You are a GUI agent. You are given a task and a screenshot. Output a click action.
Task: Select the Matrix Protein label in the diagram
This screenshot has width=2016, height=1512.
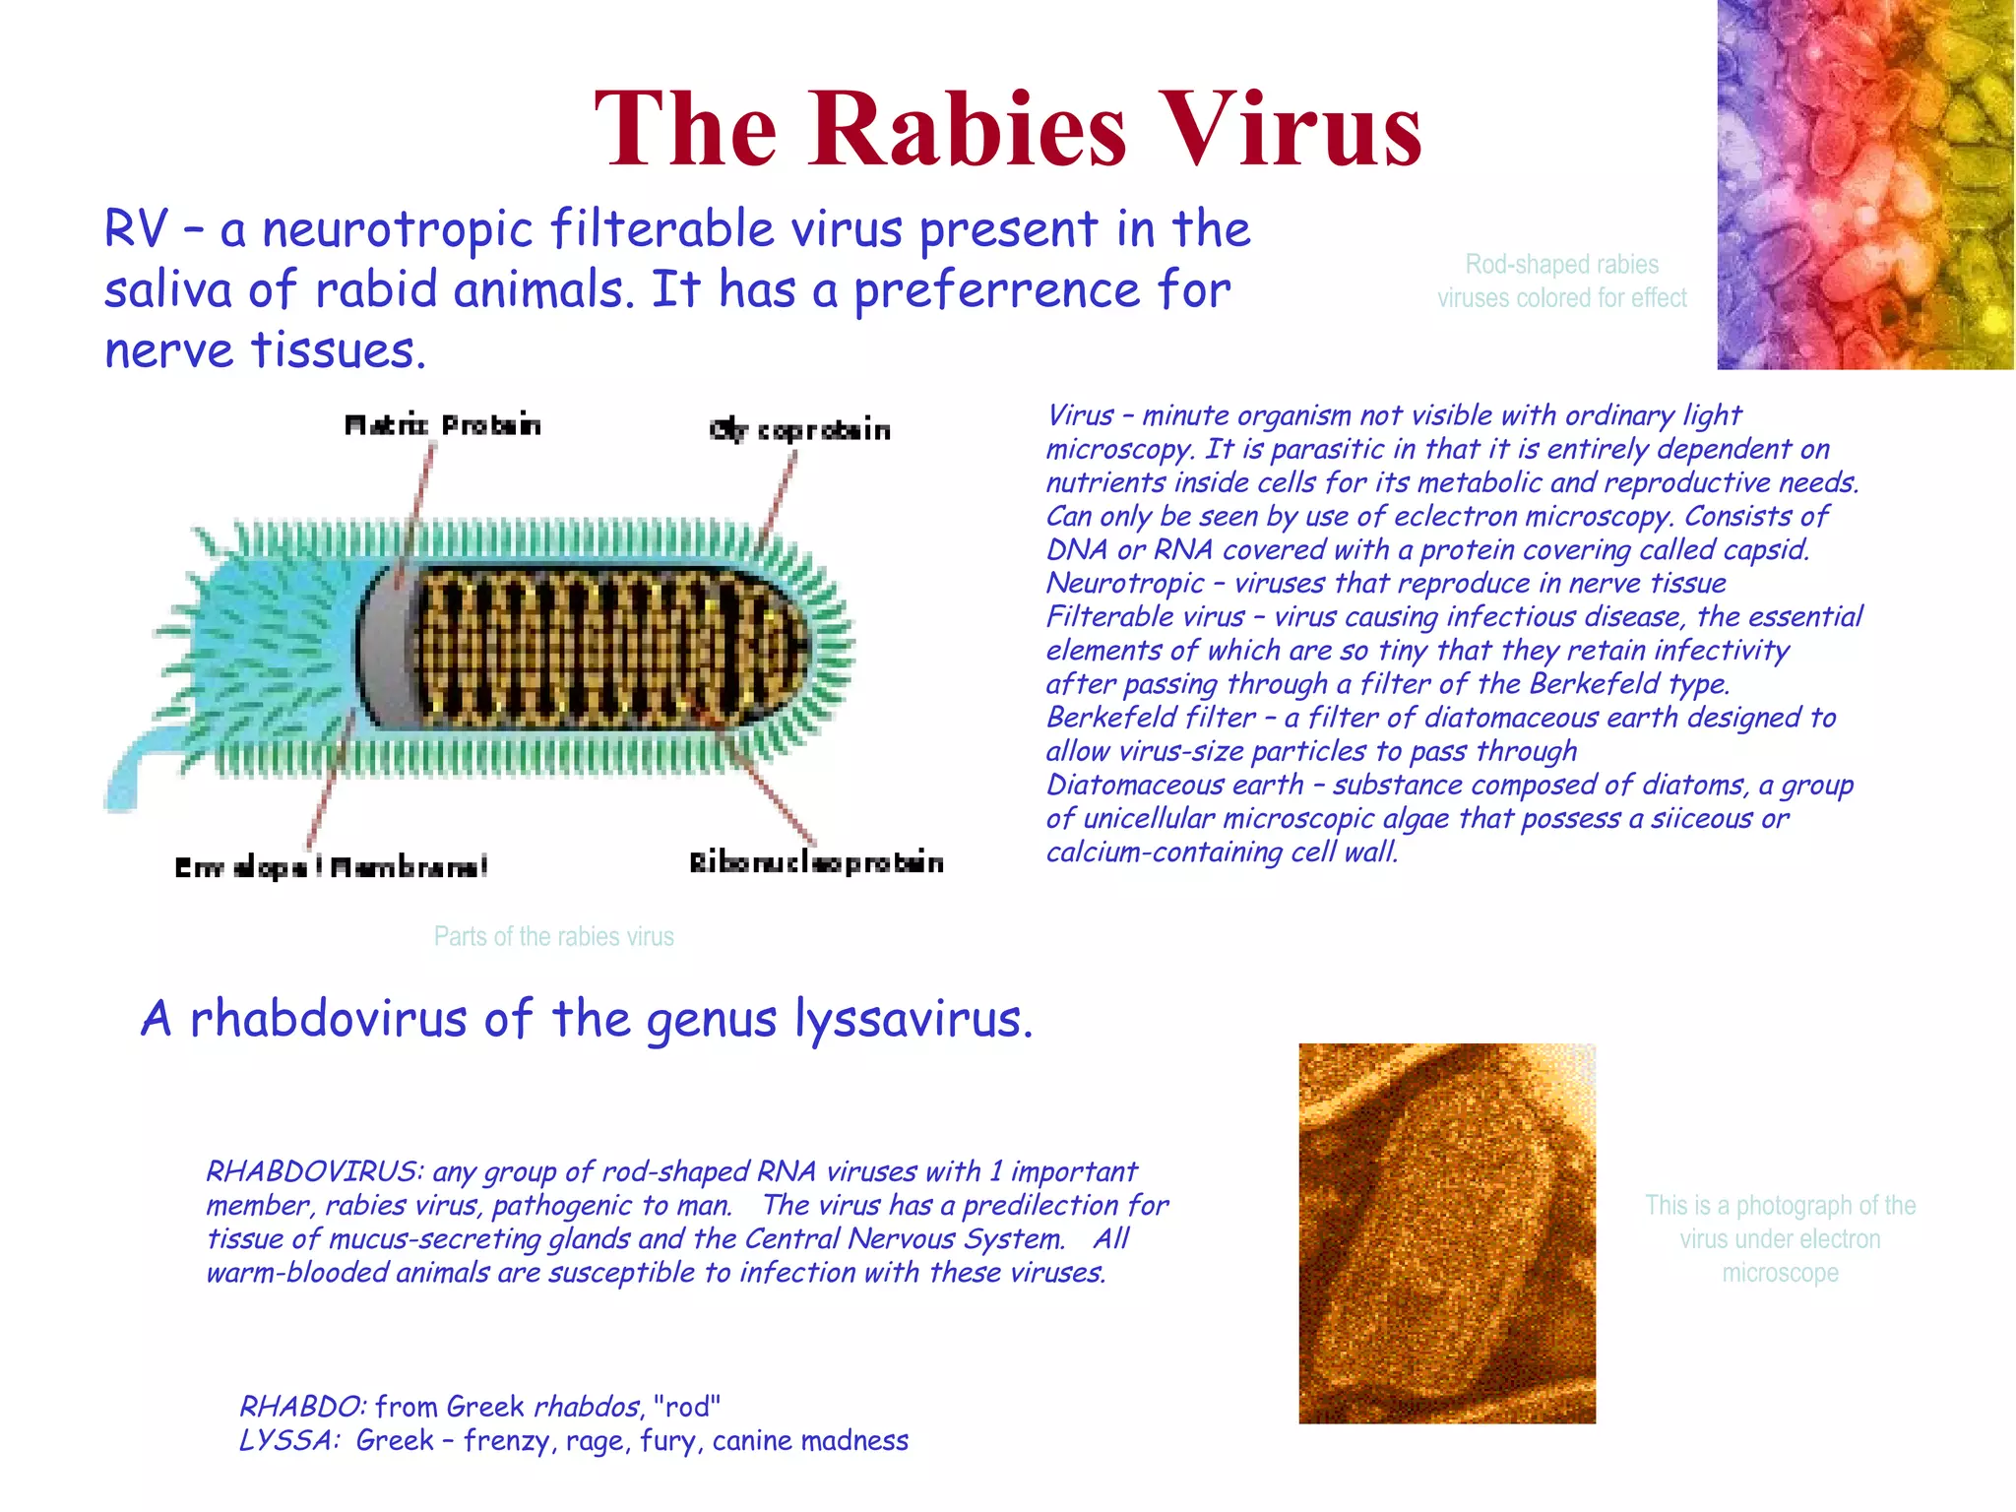(x=442, y=425)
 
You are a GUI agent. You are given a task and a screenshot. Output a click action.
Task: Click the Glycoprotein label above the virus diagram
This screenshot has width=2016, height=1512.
(x=799, y=430)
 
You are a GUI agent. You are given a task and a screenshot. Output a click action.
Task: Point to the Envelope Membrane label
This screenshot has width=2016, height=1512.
(x=331, y=867)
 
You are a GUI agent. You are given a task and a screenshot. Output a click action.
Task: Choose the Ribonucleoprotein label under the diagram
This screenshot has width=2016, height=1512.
(x=816, y=863)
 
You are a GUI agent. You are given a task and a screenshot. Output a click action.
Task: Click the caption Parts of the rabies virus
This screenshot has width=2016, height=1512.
(x=553, y=936)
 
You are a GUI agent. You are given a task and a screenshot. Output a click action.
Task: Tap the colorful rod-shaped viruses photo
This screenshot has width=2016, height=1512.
(x=1864, y=185)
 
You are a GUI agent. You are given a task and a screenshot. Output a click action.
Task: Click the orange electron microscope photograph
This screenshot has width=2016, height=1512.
(x=1446, y=1232)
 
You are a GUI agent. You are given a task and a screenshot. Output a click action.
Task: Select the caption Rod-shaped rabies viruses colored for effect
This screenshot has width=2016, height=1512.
(x=1561, y=281)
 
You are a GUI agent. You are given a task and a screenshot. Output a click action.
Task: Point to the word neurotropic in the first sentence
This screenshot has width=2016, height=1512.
(x=397, y=229)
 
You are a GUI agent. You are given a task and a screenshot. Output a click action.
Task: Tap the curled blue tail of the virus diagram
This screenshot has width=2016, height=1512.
(x=128, y=778)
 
